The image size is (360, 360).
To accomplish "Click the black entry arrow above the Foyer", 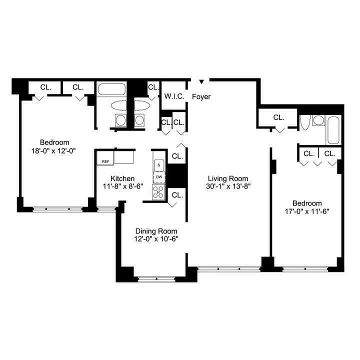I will point(202,81).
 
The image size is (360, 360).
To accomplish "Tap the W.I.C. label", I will point(172,96).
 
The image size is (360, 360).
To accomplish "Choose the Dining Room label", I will point(156,231).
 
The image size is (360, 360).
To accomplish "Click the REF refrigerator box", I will point(105,161).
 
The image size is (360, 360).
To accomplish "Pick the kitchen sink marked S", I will point(159,164).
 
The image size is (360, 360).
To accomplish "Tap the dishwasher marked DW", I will point(159,177).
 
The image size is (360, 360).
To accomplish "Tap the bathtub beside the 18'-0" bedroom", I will point(112,90).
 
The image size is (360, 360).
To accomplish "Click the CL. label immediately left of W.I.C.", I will point(152,88).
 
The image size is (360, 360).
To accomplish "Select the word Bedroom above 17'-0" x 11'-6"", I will point(306,203).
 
